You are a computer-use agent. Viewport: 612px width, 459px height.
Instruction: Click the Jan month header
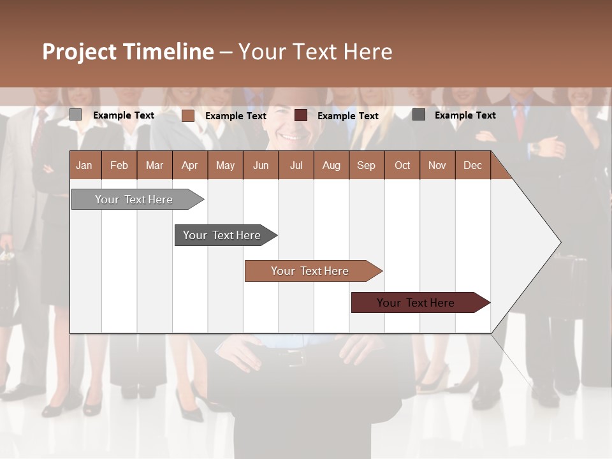tap(84, 165)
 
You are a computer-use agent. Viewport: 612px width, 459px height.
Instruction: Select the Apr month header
tap(189, 165)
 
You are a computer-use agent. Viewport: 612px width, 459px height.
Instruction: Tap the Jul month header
tap(296, 165)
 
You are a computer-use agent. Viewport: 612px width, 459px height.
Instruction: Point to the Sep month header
tap(366, 165)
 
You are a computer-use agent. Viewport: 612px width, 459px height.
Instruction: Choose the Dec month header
tap(472, 165)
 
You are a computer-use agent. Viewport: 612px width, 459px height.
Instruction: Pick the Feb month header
tap(119, 165)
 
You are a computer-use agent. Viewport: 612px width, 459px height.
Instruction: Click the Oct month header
tap(402, 165)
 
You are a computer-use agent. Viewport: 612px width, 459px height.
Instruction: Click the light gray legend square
tap(75, 115)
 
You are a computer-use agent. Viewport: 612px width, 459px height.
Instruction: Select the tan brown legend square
tap(187, 115)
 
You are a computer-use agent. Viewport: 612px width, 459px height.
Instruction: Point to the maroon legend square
tap(301, 115)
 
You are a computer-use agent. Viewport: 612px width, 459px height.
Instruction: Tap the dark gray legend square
tap(419, 115)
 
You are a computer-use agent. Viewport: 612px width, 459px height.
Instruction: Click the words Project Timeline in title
tap(128, 52)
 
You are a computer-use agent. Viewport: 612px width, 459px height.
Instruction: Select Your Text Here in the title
tap(315, 52)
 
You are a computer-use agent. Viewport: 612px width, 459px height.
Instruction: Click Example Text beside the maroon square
tap(347, 116)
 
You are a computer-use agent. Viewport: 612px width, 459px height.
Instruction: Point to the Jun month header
tap(261, 165)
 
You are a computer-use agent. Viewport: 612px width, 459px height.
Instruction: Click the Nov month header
tap(437, 165)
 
